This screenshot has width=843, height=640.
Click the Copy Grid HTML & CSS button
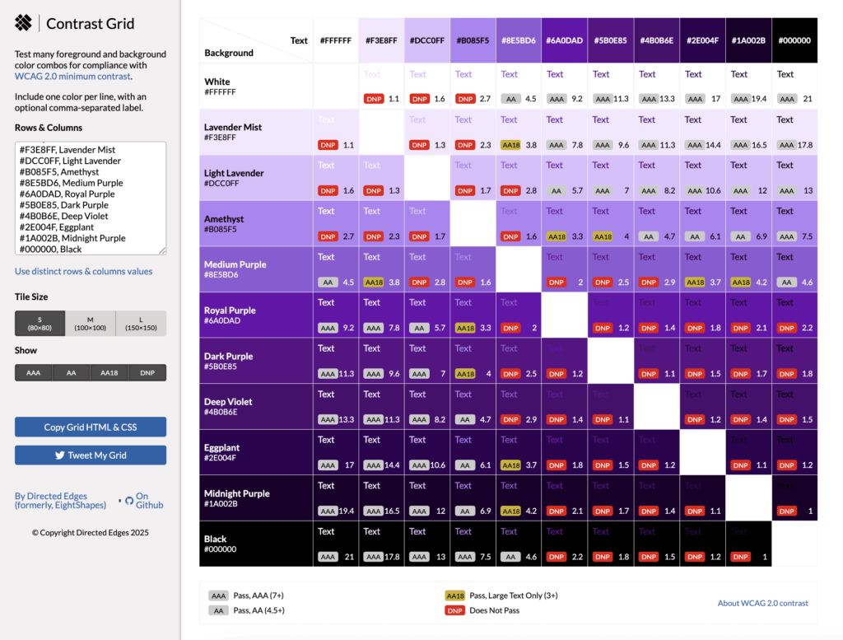(x=91, y=427)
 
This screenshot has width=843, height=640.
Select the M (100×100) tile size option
(x=91, y=323)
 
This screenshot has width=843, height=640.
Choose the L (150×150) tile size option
(x=141, y=323)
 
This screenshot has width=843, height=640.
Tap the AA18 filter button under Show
(x=109, y=372)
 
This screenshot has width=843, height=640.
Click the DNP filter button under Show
(x=147, y=372)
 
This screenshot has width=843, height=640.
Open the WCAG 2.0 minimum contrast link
(x=72, y=76)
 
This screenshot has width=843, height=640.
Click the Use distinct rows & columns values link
(x=83, y=271)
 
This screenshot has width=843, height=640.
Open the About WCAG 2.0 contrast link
(x=762, y=603)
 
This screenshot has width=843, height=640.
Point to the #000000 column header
(x=794, y=40)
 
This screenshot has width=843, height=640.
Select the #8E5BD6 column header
(x=519, y=40)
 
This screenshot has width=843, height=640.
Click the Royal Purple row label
(x=230, y=311)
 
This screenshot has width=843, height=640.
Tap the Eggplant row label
(x=222, y=448)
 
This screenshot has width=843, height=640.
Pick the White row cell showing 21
(x=794, y=86)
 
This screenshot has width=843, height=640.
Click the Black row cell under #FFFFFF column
(x=336, y=543)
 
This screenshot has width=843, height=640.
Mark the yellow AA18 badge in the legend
(x=454, y=595)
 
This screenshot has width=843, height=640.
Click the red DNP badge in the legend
(x=454, y=610)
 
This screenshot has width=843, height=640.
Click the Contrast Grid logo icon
(x=24, y=24)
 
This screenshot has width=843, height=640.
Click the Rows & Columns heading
(x=49, y=128)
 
